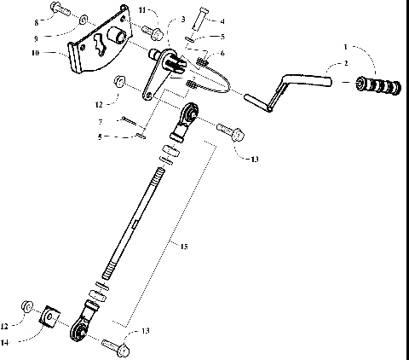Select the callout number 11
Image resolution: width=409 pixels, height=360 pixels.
pos(142,9)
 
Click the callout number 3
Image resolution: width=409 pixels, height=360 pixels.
pos(183,19)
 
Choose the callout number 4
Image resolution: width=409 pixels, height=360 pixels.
pos(222,20)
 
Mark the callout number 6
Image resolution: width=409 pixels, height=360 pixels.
pos(222,53)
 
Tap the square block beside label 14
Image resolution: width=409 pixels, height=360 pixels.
pos(51,318)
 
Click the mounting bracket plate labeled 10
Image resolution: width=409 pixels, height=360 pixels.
pos(98,46)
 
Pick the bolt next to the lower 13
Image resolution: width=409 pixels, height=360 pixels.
pos(117,347)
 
